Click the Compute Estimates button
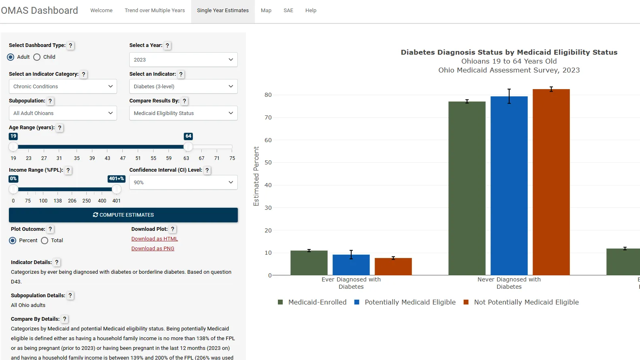pyautogui.click(x=123, y=215)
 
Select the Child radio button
pyautogui.click(x=37, y=57)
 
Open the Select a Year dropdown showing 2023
pyautogui.click(x=183, y=60)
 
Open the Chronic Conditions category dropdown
pyautogui.click(x=63, y=86)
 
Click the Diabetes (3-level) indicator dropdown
pyautogui.click(x=183, y=86)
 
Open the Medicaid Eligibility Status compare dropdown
pyautogui.click(x=183, y=113)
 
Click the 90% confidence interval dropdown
pyautogui.click(x=183, y=182)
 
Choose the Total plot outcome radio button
pyautogui.click(x=45, y=241)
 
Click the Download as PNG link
pyautogui.click(x=153, y=249)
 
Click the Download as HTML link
pyautogui.click(x=154, y=239)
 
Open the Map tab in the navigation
pyautogui.click(x=266, y=11)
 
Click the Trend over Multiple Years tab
pyautogui.click(x=154, y=11)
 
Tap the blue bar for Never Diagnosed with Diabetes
pyautogui.click(x=509, y=186)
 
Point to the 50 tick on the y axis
pyautogui.click(x=268, y=162)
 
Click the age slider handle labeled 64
pyautogui.click(x=188, y=147)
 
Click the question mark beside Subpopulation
pyautogui.click(x=50, y=101)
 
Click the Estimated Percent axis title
pyautogui.click(x=256, y=176)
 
